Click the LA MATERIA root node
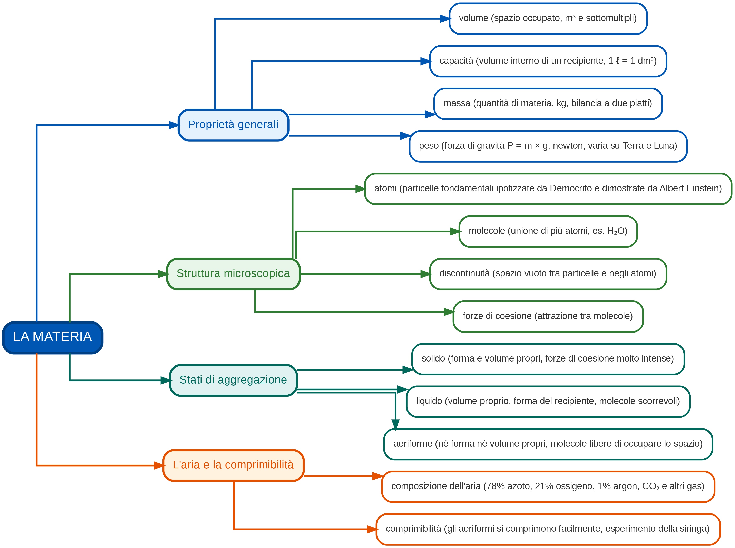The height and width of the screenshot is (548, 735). (53, 338)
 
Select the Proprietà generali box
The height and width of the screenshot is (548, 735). (233, 125)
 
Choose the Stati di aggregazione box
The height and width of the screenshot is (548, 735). (233, 380)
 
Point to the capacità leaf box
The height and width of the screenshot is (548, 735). (548, 61)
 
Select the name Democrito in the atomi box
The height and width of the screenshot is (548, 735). (571, 188)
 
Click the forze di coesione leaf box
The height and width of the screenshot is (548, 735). (548, 316)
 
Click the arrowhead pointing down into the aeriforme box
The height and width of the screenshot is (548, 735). (395, 425)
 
